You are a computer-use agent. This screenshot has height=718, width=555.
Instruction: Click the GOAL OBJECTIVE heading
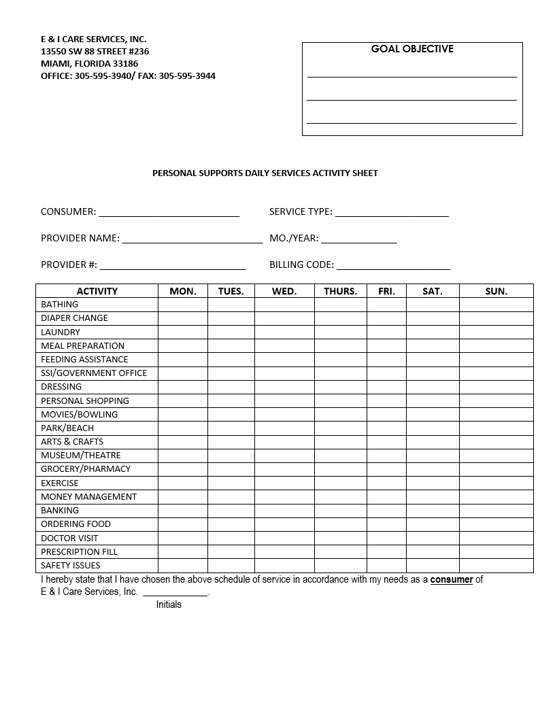point(412,49)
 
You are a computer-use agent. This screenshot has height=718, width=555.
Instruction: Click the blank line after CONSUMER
point(169,212)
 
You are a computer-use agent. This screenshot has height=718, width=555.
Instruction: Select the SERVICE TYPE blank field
point(392,212)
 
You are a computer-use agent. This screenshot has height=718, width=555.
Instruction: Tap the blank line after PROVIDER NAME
point(192,239)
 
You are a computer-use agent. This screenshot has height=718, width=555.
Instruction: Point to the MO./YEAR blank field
point(358,239)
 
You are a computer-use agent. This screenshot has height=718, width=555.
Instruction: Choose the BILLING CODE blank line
point(393,265)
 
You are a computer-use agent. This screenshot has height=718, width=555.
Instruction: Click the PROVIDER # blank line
point(173,265)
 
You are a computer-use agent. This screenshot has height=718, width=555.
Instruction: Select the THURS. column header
point(340,291)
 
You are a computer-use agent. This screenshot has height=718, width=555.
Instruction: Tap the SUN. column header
point(496,291)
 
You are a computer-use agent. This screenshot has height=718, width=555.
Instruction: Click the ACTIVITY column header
point(97,291)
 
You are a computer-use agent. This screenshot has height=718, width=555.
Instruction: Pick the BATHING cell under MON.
point(182,305)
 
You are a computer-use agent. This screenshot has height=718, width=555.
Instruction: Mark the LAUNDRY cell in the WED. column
point(284,332)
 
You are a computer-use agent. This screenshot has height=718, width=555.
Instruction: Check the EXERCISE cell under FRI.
point(386,483)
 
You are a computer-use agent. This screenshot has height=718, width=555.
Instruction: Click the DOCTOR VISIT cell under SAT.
point(433,538)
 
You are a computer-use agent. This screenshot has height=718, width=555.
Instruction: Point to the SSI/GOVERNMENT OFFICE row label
point(94,373)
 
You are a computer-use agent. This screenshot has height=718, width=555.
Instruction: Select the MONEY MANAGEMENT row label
point(88,497)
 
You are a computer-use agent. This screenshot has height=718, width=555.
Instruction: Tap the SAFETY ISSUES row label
point(70,566)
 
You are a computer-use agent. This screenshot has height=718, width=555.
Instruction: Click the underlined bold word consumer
point(452,580)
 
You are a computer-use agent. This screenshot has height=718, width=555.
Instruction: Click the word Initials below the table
point(169,604)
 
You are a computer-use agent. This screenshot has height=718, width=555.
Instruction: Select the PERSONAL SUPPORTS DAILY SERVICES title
point(265,173)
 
